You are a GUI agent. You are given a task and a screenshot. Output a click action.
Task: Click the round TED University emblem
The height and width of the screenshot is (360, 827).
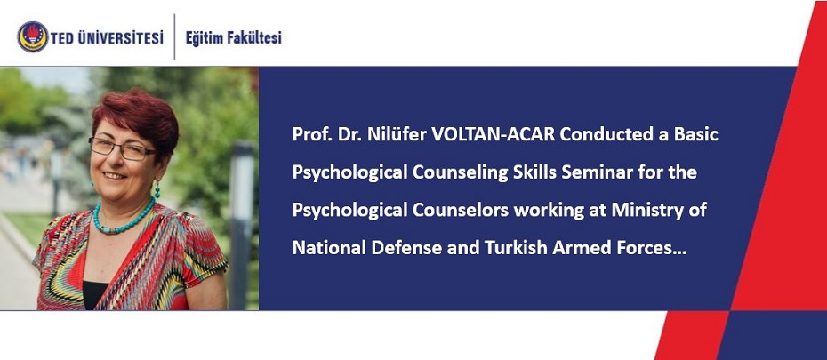(33, 37)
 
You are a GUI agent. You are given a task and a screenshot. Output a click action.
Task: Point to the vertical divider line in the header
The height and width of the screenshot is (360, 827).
(174, 37)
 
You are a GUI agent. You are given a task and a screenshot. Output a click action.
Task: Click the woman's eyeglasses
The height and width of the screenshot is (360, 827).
(123, 149)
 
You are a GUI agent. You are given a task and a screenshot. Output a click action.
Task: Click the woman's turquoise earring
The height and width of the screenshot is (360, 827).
(157, 188)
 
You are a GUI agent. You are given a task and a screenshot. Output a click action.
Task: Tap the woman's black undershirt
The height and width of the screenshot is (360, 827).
(94, 295)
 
